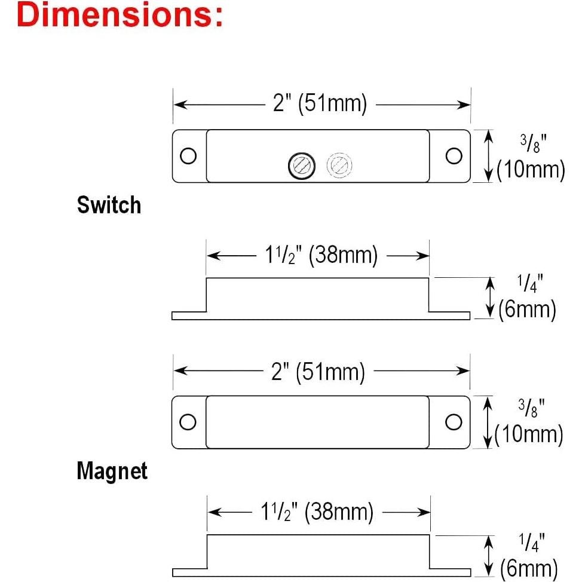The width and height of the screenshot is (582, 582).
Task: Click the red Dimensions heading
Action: point(120,14)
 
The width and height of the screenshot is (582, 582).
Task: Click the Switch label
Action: point(109,205)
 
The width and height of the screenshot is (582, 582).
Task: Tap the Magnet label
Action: point(112,471)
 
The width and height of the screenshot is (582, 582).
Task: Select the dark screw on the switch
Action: point(302,166)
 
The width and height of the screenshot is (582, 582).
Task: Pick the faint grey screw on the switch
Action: point(339,165)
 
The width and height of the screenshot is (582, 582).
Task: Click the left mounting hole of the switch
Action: point(188,155)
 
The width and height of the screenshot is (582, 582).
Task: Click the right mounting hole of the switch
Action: point(454,155)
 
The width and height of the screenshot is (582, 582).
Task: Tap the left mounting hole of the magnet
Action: point(188,422)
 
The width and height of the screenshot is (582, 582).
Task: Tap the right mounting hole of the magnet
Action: point(454,422)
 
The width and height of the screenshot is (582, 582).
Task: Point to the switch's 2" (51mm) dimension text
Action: point(320,103)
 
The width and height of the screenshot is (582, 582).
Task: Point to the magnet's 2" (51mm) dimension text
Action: point(318,372)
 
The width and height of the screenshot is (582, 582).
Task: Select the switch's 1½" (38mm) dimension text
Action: point(321,255)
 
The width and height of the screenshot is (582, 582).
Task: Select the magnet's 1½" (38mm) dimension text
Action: point(317,511)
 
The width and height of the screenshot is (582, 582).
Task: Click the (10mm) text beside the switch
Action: point(531,170)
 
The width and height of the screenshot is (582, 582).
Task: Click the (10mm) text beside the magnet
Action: point(529,435)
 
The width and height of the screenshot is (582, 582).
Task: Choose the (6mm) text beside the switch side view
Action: point(527,309)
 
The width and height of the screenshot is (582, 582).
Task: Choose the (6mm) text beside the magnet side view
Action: point(529,568)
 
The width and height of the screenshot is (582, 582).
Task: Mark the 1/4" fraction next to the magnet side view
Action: point(532,542)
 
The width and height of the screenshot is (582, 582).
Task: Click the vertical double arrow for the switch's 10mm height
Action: point(489,156)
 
